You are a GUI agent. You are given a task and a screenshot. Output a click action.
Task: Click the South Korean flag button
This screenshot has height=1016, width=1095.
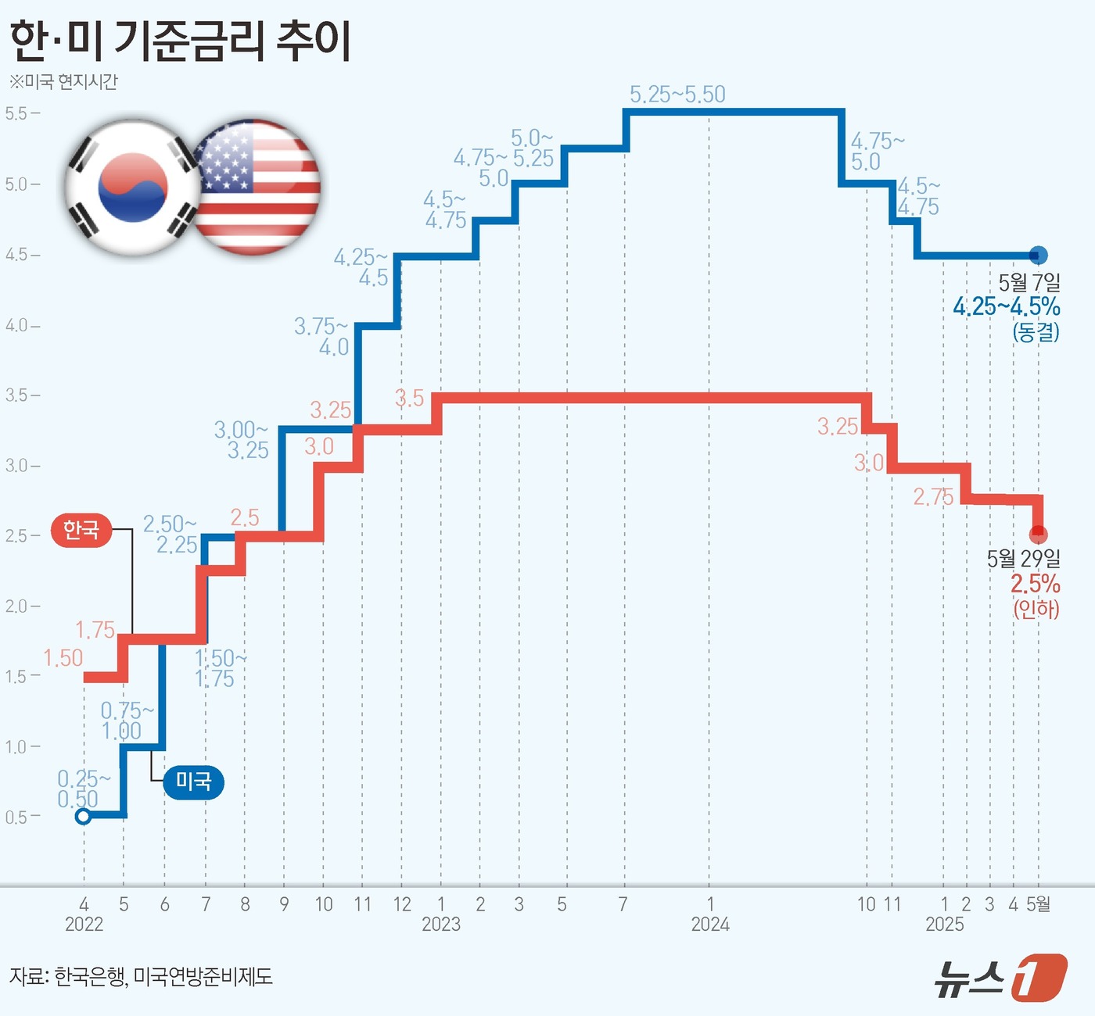point(131,188)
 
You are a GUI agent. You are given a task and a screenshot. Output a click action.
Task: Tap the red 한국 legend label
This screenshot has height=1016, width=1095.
point(81,530)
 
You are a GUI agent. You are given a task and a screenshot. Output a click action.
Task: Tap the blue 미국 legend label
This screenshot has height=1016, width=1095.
point(193,781)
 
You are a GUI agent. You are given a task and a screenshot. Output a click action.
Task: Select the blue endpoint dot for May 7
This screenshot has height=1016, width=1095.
point(1038,255)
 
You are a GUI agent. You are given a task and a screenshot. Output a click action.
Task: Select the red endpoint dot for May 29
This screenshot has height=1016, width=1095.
point(1038,535)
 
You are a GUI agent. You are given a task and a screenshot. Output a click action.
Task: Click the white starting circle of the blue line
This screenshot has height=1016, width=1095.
point(83,817)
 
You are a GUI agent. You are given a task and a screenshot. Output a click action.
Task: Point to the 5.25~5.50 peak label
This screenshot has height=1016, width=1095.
point(677,95)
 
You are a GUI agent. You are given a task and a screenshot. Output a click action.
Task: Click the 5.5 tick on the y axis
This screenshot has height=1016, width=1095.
point(17,113)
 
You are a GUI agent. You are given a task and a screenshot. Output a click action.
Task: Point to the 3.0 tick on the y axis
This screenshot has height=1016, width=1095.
point(17,466)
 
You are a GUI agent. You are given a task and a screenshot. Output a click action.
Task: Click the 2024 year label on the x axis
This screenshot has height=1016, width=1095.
point(710,925)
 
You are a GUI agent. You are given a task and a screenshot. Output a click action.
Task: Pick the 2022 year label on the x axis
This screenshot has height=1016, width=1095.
point(84,925)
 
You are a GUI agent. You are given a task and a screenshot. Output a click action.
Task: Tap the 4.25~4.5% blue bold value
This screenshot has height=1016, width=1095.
point(1006,306)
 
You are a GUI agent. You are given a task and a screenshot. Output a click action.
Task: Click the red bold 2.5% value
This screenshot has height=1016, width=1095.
point(1035,584)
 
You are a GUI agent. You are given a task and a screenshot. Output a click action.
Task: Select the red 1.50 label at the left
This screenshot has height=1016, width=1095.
point(63,658)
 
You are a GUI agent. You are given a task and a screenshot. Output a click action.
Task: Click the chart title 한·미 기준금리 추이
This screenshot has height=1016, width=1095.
point(180,41)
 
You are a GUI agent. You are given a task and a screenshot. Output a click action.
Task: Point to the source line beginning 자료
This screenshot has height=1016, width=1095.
point(141,977)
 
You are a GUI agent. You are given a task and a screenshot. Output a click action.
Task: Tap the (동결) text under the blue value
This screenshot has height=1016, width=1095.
point(1036,332)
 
